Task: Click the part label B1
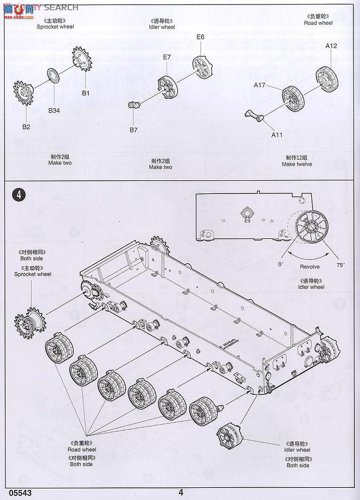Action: pos(85,93)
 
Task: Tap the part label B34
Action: pos(54,111)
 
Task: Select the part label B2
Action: pos(26,127)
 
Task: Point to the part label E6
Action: pos(200,37)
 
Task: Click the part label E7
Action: pos(167,58)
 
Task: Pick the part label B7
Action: pos(133,130)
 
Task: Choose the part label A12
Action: pos(331,46)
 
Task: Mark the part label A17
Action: pos(259,85)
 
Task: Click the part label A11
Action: pos(277,135)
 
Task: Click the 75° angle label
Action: pos(341,265)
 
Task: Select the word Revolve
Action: pos(310,267)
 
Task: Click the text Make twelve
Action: pos(297,164)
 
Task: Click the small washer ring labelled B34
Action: pos(53,75)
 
